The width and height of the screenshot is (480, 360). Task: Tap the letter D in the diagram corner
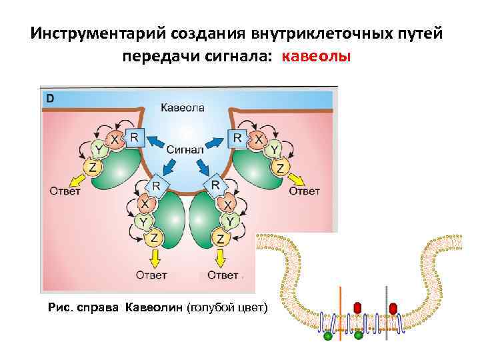pyautogui.click(x=50, y=99)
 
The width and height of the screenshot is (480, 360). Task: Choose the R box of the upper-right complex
pyautogui.click(x=236, y=138)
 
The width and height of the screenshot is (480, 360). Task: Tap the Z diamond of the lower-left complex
pyautogui.click(x=154, y=238)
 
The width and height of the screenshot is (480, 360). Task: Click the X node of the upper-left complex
pyautogui.click(x=115, y=141)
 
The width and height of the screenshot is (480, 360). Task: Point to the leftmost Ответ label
pyautogui.click(x=65, y=191)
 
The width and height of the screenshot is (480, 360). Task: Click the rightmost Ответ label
pyautogui.click(x=304, y=191)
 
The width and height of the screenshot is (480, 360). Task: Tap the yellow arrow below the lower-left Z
pyautogui.click(x=154, y=257)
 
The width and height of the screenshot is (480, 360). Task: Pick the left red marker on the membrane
pyautogui.click(x=357, y=307)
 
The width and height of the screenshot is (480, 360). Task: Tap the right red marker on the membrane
pyautogui.click(x=393, y=307)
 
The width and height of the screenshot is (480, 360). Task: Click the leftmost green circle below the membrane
pyautogui.click(x=327, y=337)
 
